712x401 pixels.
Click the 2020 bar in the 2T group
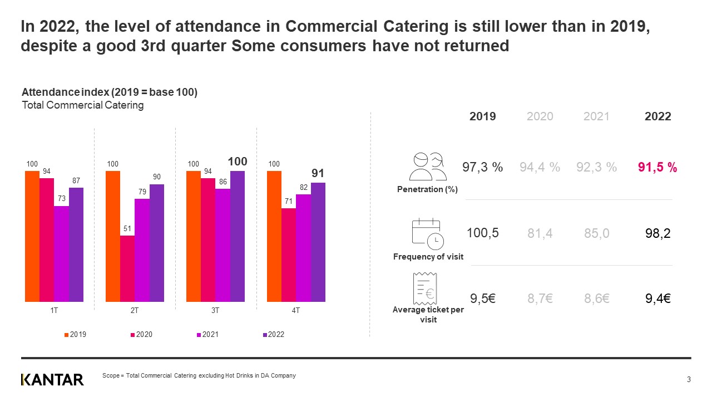click(x=127, y=268)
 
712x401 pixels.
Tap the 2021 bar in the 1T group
click(x=61, y=254)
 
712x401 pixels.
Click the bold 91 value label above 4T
click(x=318, y=173)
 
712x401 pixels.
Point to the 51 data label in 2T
click(x=127, y=228)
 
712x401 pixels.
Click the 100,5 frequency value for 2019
click(x=483, y=233)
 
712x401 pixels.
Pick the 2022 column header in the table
click(x=657, y=116)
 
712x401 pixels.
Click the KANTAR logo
click(x=52, y=380)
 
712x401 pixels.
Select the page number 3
click(x=689, y=380)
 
